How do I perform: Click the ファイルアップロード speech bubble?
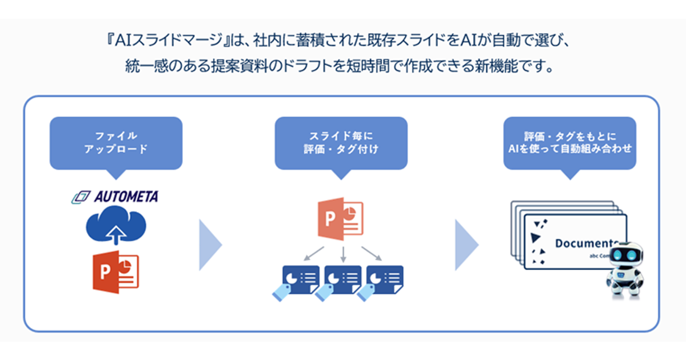pyautogui.click(x=116, y=143)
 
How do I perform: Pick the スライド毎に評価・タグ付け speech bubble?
pyautogui.click(x=341, y=143)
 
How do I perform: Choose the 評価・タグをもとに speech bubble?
pyautogui.click(x=569, y=143)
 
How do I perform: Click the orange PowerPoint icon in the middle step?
pyautogui.click(x=341, y=218)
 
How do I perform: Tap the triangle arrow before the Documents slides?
pyautogui.click(x=465, y=245)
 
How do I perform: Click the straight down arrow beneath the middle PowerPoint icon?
pyautogui.click(x=344, y=253)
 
